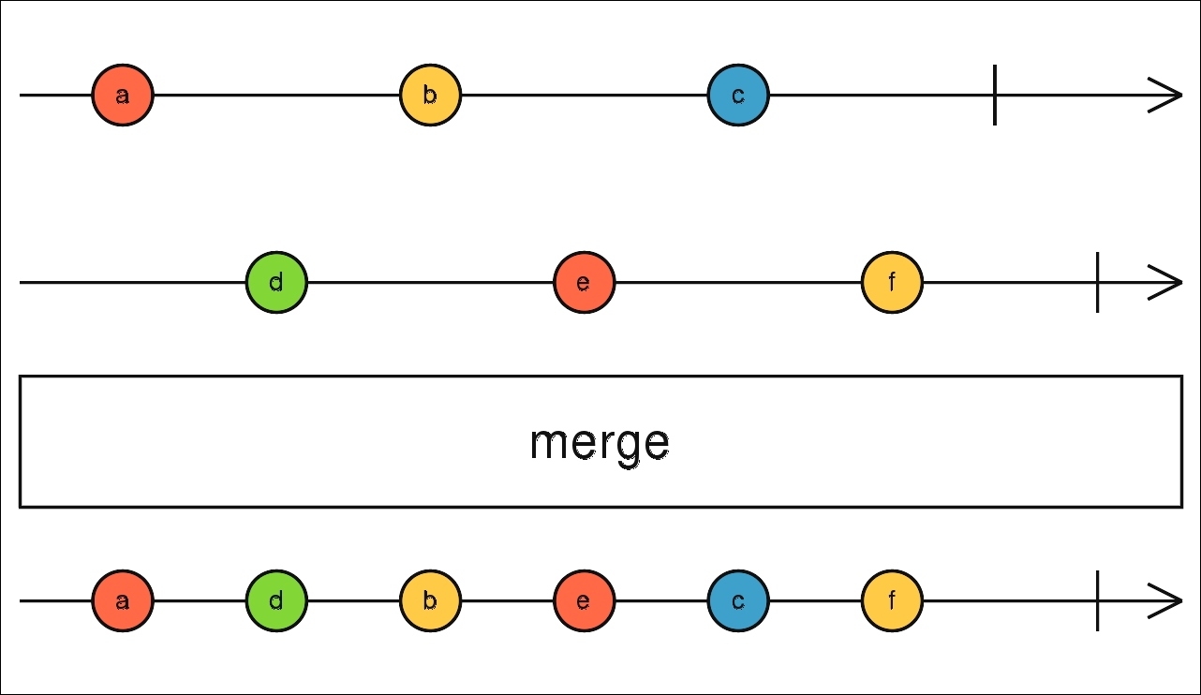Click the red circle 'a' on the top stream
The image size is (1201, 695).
coord(123,96)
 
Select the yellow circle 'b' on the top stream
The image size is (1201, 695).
coord(431,96)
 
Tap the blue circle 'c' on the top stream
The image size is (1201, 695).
coord(738,96)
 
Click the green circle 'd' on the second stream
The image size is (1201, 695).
coord(276,282)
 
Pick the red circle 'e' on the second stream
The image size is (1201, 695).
coord(585,282)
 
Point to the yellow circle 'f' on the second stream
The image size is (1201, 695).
coord(892,282)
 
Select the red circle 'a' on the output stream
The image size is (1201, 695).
coord(123,600)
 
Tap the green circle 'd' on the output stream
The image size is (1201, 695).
coord(276,600)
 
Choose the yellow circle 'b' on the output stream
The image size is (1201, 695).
coord(431,600)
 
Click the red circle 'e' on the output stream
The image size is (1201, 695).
coord(585,600)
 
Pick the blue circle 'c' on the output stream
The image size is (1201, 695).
coord(738,600)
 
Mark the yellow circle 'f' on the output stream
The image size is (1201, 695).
coord(892,600)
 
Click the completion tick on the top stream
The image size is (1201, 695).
coord(995,96)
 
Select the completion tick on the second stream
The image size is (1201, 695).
coord(1098,282)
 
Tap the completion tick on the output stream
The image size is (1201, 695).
coord(1098,600)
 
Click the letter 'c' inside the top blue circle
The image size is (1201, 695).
coord(738,96)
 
